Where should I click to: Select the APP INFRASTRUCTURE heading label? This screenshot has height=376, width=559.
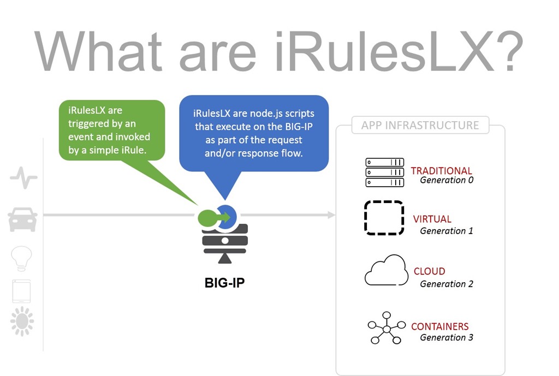pos(420,126)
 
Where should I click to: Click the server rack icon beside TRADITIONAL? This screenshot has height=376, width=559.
pos(385,172)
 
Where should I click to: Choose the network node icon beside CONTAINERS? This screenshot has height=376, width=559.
pos(386,328)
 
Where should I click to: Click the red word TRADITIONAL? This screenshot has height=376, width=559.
pos(441,171)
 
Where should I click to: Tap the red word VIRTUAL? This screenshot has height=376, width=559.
pos(432,219)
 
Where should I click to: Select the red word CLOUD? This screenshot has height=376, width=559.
pos(429,271)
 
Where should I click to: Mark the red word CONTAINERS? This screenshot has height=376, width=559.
pos(440,326)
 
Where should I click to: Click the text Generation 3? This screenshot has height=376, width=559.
pos(447,337)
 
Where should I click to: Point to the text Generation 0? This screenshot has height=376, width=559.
pos(447,180)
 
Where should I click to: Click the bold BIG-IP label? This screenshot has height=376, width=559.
pos(224,283)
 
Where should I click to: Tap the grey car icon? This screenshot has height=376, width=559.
pos(22,219)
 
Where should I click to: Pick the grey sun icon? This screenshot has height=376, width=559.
pos(22,321)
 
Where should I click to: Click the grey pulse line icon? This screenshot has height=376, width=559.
pos(23,177)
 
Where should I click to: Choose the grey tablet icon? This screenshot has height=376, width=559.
pos(21,291)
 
